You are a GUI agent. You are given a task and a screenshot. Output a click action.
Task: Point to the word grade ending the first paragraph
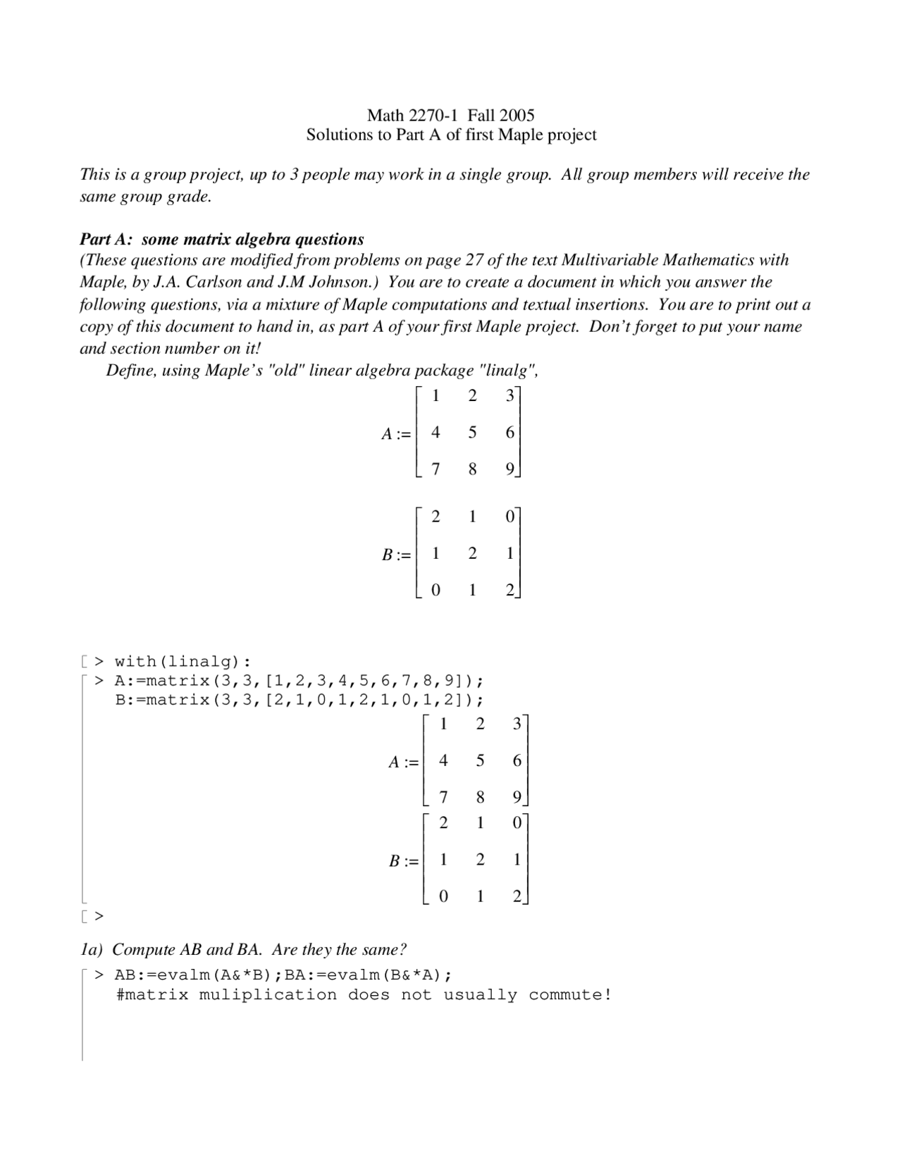pos(189,197)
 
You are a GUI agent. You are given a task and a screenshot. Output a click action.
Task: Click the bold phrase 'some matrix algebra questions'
pos(252,239)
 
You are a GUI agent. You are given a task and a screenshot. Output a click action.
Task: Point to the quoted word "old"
pos(286,370)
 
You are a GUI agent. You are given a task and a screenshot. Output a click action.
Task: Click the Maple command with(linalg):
pos(182,662)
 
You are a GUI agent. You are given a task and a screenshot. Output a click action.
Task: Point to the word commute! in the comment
pos(569,995)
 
